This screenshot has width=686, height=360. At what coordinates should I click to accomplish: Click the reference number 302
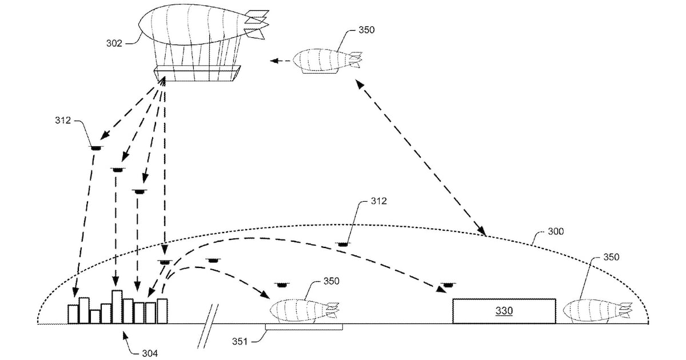(x=114, y=43)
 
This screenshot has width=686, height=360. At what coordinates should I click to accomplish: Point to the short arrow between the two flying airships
(x=280, y=59)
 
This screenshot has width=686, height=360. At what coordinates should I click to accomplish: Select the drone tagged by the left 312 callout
(x=95, y=148)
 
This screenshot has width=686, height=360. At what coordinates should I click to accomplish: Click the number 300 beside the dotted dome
(x=556, y=231)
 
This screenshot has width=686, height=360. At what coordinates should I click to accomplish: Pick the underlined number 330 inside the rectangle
(x=504, y=311)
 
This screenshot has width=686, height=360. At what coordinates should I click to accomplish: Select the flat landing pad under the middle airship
(x=304, y=327)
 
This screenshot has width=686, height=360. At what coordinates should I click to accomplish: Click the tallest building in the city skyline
(x=117, y=307)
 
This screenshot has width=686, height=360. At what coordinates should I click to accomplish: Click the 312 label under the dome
(x=378, y=201)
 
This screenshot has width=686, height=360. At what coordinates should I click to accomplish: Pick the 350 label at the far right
(x=611, y=257)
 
